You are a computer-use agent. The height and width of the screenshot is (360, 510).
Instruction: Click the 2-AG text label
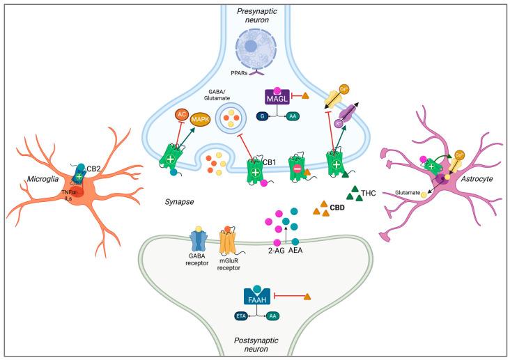click(277, 249)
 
